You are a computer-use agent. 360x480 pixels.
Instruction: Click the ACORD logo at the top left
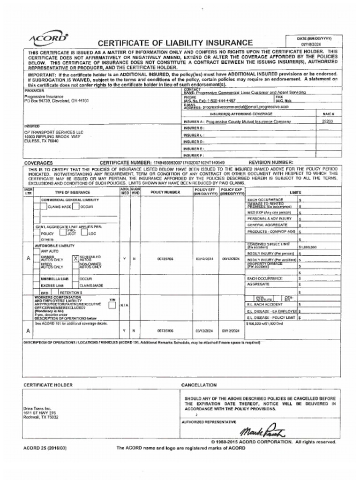(48, 39)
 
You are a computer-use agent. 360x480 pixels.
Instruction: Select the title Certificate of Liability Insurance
(175, 43)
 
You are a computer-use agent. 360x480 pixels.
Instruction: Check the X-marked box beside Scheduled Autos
(75, 258)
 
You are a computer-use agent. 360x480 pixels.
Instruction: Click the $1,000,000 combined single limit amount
(307, 247)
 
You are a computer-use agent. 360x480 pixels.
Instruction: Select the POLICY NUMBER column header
(165, 192)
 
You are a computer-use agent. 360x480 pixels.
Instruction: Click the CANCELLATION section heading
(199, 385)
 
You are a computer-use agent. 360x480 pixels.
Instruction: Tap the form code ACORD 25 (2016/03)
(45, 448)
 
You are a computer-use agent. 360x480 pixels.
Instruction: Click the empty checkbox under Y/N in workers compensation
(112, 305)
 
